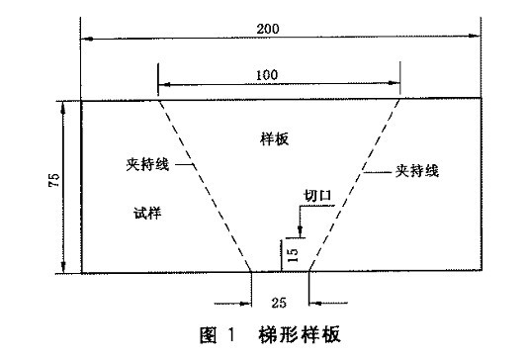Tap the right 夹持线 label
pyautogui.click(x=418, y=170)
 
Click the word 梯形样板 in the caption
pyautogui.click(x=295, y=334)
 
